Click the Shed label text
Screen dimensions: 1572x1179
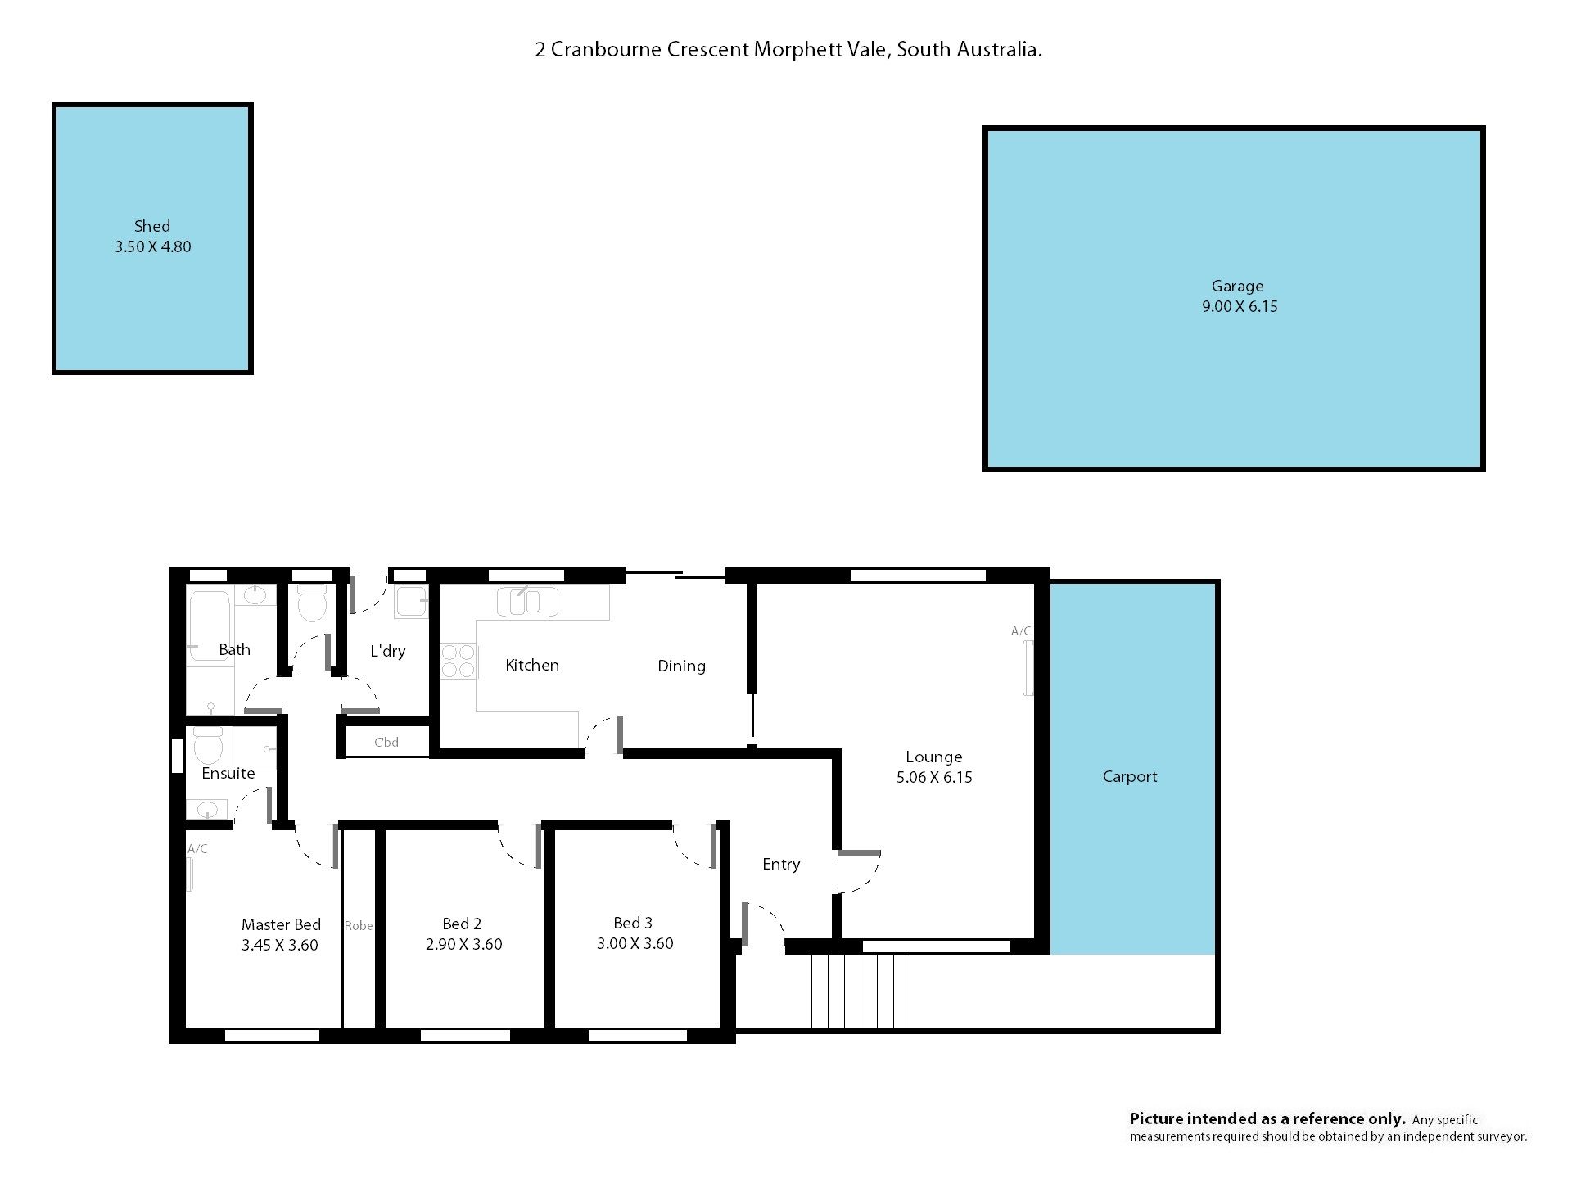pos(152,226)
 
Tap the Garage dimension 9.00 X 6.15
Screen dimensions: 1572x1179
pos(1240,307)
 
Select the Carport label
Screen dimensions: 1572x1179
pos(1130,777)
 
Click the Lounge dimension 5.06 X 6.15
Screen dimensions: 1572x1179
pos(934,778)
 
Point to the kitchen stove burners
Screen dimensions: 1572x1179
pos(458,662)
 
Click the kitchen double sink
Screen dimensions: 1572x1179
pos(527,602)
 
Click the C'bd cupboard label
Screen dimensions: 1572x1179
pos(386,743)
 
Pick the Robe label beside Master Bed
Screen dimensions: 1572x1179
pos(359,926)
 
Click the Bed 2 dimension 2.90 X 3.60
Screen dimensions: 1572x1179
pos(464,945)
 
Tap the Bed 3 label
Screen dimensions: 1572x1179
pos(633,924)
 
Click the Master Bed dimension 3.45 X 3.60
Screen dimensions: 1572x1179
pos(280,946)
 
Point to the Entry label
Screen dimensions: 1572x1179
pos(781,865)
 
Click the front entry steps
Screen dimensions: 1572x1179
pos(861,991)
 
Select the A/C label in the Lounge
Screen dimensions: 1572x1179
pos(1021,631)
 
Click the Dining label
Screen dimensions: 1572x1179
pos(681,666)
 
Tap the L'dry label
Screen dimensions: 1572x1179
pos(388,652)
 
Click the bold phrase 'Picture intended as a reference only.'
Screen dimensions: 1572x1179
pos(1267,1119)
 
